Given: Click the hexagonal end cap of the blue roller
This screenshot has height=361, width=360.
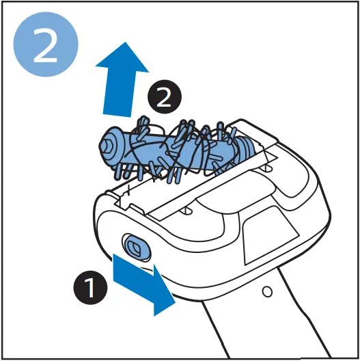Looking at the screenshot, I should (x=107, y=145).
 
